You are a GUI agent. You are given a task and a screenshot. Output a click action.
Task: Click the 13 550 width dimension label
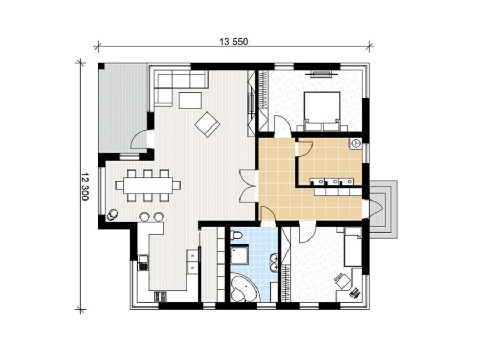tap(234, 42)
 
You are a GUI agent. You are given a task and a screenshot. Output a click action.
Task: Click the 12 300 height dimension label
tap(85, 187)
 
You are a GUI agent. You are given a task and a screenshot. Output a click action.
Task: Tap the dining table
tap(148, 186)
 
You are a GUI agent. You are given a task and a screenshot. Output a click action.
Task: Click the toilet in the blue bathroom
tap(236, 235)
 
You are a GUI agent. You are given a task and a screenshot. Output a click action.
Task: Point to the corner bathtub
tap(244, 288)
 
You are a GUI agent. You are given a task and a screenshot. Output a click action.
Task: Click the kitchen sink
tap(142, 263)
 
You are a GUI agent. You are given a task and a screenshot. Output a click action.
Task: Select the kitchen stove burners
tap(161, 297)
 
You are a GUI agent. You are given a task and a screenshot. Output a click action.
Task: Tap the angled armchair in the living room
tap(207, 124)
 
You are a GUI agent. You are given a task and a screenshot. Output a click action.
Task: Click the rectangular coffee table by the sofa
tap(190, 100)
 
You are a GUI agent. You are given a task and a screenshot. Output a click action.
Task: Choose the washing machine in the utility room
tap(356, 143)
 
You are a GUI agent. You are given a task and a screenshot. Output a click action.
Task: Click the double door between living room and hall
tap(248, 186)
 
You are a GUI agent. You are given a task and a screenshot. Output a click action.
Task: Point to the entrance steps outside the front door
tap(383, 210)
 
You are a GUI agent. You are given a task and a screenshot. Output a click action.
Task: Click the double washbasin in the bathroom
tap(274, 262)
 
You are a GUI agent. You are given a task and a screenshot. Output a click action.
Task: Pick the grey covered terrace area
tap(123, 108)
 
